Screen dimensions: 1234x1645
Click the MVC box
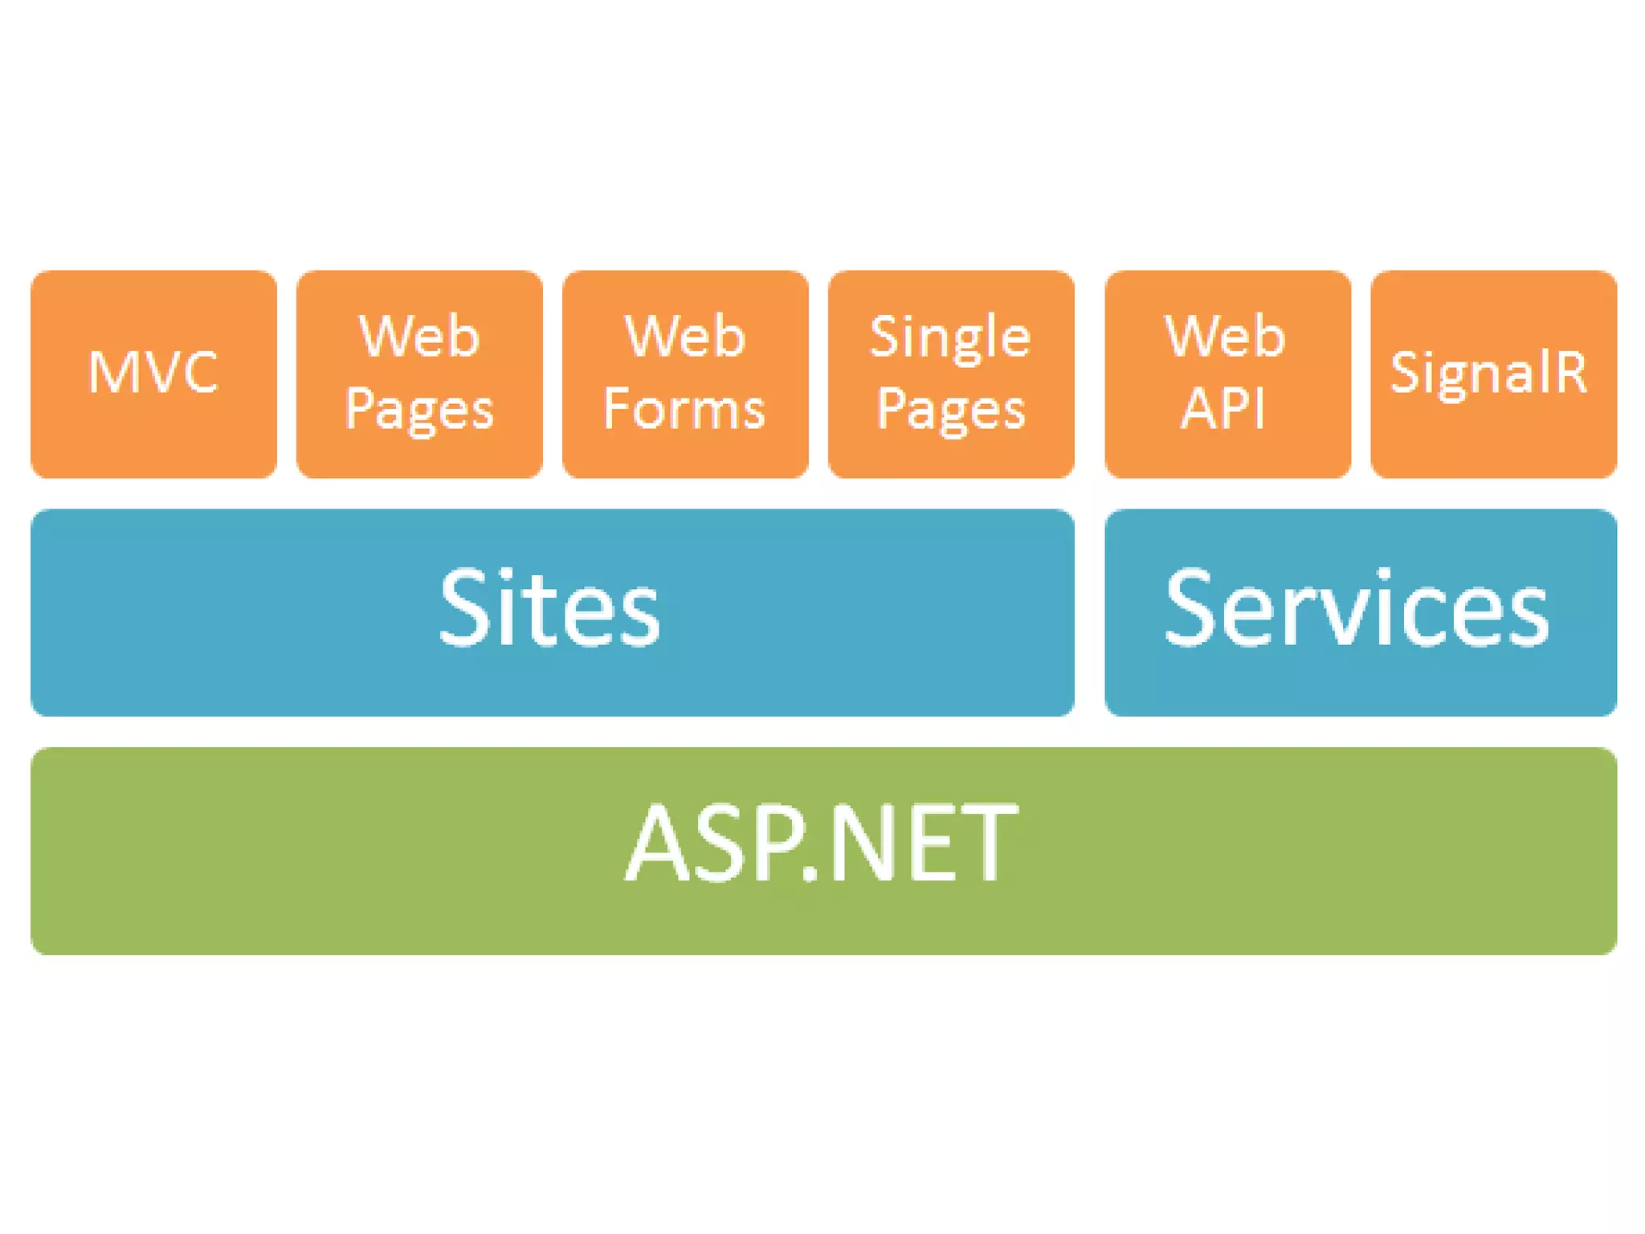pos(153,374)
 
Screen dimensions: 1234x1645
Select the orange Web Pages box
pos(419,374)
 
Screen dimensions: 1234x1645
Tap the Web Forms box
pos(685,374)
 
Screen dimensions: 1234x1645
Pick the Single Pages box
pos(951,374)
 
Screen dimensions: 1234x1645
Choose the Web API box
pos(1227,374)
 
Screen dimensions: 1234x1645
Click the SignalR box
pos(1493,374)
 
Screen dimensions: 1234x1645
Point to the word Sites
pos(549,607)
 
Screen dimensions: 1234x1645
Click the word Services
pos(1357,607)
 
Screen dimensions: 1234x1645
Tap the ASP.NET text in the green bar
pos(821,844)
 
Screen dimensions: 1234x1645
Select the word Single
pos(950,338)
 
